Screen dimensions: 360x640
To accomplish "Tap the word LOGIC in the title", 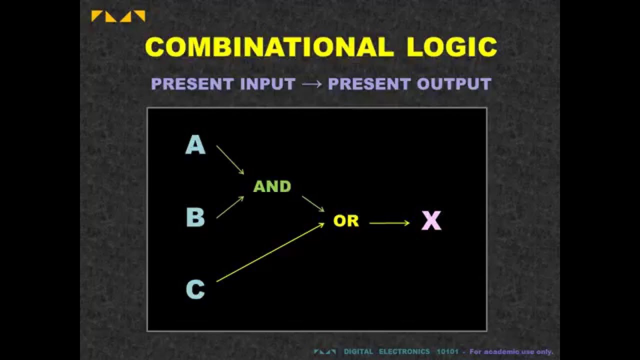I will pos(451,47).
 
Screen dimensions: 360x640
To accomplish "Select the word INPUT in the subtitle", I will pos(267,84).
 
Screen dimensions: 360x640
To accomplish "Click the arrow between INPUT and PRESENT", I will pos(311,84).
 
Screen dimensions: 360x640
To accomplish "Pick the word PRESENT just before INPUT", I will pos(193,84).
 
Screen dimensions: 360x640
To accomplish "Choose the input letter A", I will pos(195,145).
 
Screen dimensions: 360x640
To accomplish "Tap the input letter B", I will pos(195,217).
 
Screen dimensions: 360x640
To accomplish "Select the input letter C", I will pos(195,289).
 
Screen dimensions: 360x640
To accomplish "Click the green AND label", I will pos(272,186).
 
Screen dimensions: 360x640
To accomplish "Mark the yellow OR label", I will pos(346,221).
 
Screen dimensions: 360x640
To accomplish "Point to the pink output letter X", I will pos(431,220).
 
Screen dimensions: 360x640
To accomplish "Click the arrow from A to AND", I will pos(230,160).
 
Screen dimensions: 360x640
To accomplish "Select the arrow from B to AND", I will pos(230,207).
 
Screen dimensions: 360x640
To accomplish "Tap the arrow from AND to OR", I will pos(313,204).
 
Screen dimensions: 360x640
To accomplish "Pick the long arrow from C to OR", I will pos(270,252).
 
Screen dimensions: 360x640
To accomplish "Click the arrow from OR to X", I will pos(389,223).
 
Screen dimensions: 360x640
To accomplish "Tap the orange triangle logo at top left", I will pos(118,16).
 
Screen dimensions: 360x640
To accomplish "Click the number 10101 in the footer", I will pos(447,352).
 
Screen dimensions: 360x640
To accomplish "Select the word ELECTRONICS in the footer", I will pos(404,352).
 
